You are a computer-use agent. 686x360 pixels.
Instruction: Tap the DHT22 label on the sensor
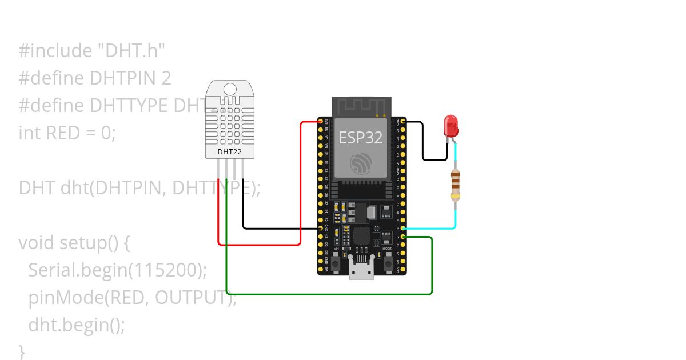click(x=229, y=152)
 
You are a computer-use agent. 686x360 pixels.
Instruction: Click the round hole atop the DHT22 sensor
click(x=230, y=89)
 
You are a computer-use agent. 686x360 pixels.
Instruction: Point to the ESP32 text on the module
click(x=360, y=138)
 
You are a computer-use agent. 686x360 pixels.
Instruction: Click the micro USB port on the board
click(x=362, y=271)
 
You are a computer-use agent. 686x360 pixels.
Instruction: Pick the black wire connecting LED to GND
click(x=423, y=143)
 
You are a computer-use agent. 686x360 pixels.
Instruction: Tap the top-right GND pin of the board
click(x=404, y=122)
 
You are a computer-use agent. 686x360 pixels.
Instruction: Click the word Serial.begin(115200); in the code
click(x=117, y=270)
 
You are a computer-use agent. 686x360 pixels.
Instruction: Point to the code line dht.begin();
click(x=77, y=325)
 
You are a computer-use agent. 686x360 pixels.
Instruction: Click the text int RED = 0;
click(x=67, y=133)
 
